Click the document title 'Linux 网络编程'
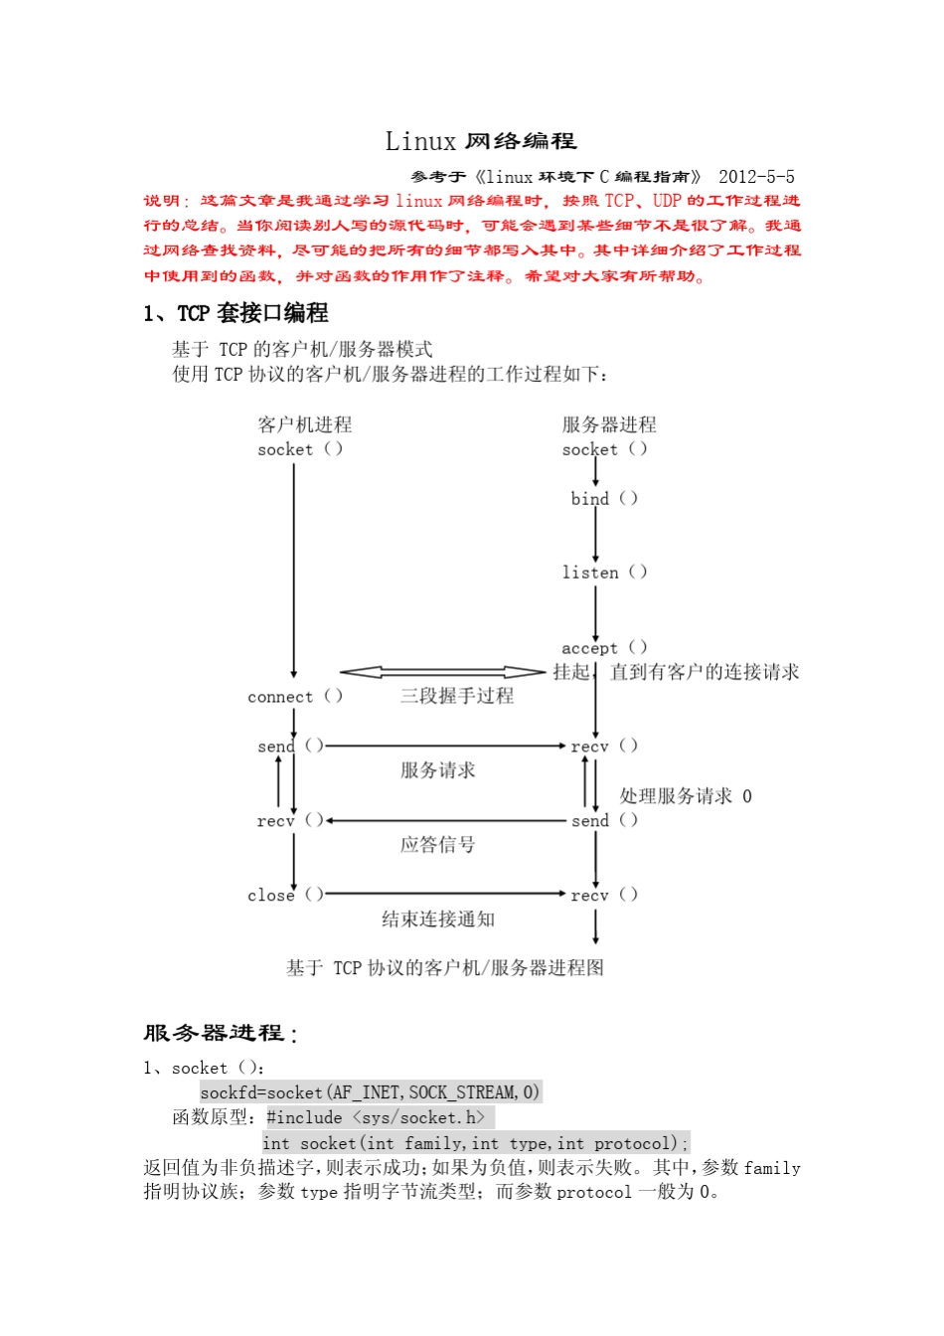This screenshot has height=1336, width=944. coord(481,141)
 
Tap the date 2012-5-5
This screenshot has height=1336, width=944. coord(756,177)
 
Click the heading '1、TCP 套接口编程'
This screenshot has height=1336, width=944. coord(236,313)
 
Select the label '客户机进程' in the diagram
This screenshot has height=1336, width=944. coord(304,424)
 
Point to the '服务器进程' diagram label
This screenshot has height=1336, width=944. coord(609,424)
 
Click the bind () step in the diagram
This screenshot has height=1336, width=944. coord(604,499)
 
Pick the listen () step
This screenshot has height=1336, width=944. coord(604,573)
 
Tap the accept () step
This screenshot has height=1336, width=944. coord(604,647)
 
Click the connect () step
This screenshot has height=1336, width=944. coord(295,697)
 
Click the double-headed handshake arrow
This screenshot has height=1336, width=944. coord(442,673)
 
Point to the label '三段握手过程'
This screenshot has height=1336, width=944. coord(457,696)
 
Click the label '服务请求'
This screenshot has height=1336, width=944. coord(438,770)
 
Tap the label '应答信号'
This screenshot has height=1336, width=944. coord(438,845)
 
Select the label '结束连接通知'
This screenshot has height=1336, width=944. coord(438,919)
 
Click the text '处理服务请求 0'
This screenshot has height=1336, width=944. coord(686,796)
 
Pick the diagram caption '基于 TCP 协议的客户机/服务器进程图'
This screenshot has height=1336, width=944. coord(445,968)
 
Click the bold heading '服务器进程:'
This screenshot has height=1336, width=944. coord(220,1034)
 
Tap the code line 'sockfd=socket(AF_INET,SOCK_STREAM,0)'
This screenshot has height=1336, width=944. coord(370,1092)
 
